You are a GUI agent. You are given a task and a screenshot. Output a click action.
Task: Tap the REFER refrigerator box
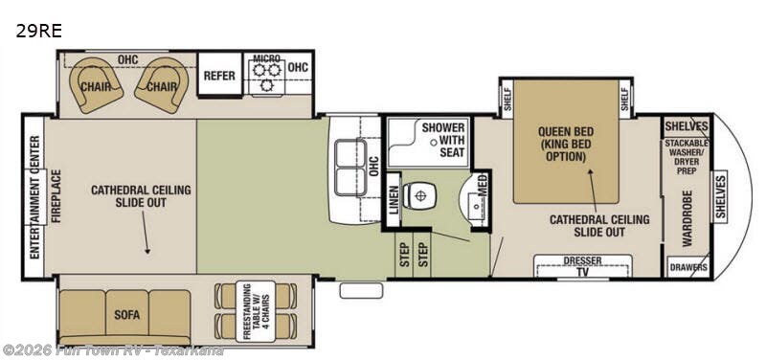pyautogui.click(x=219, y=75)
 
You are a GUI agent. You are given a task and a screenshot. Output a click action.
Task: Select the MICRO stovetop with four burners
pyautogui.click(x=265, y=75)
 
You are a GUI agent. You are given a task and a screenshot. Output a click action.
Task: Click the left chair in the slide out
pyautogui.click(x=99, y=84)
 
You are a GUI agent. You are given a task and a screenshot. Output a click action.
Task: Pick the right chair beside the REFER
pyautogui.click(x=160, y=84)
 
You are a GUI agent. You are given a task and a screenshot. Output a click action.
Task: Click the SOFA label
pyautogui.click(x=126, y=312)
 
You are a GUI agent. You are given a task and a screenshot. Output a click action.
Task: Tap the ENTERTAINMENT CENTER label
pyautogui.click(x=34, y=198)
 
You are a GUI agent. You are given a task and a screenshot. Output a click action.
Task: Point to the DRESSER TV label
pyautogui.click(x=582, y=265)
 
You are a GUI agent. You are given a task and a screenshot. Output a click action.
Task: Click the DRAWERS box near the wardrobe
pyautogui.click(x=688, y=267)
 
